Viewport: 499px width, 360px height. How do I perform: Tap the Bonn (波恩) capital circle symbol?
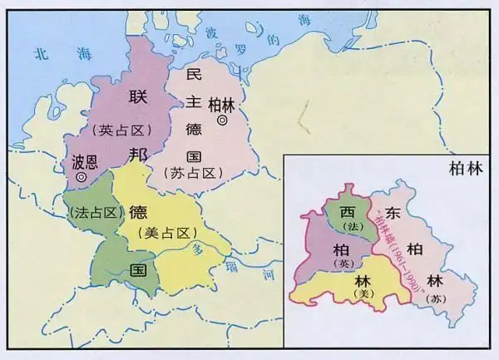point(80,177)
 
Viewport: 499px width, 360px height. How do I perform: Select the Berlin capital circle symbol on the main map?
point(222,121)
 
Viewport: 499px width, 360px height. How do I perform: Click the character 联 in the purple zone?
point(137,99)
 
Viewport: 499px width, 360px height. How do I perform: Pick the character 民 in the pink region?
point(194,76)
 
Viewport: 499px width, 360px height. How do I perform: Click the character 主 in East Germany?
point(194,103)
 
